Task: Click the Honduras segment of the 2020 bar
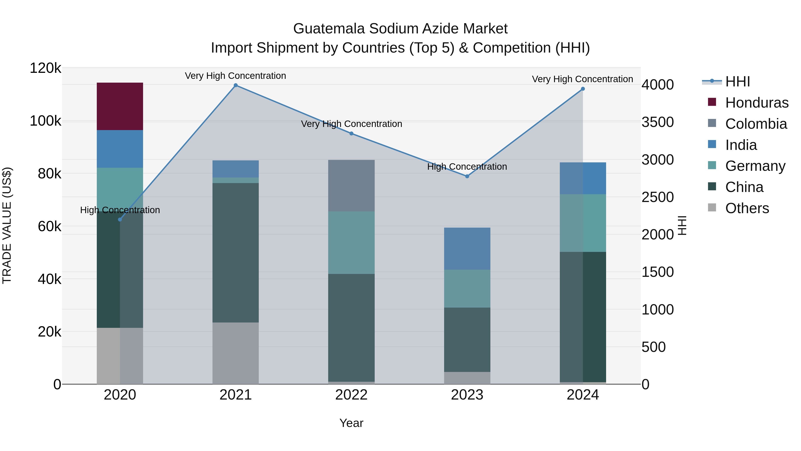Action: click(120, 106)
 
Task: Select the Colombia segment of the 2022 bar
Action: click(351, 186)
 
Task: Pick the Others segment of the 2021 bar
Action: click(235, 353)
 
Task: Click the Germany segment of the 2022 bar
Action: click(351, 243)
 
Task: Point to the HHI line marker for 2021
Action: click(235, 85)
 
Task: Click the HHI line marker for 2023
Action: click(467, 176)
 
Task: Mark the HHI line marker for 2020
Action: click(120, 219)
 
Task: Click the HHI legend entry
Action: click(737, 82)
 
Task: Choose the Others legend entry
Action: click(747, 208)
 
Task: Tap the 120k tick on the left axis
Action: click(45, 68)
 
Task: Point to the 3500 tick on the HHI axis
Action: click(658, 122)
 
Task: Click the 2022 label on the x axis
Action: click(351, 395)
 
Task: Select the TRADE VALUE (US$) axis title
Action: click(7, 225)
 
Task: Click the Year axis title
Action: click(351, 423)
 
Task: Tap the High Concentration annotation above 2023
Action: click(467, 167)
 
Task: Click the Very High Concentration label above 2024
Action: click(583, 79)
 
